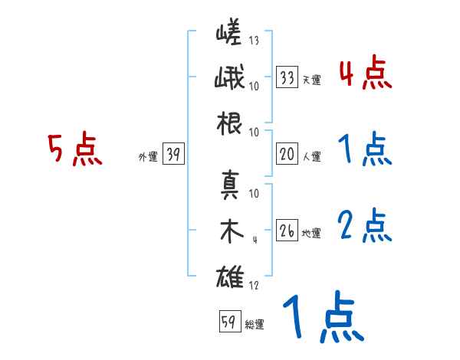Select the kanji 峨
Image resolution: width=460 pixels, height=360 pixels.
229,80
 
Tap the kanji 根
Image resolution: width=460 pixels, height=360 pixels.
230,123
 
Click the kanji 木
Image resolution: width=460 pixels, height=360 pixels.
230,231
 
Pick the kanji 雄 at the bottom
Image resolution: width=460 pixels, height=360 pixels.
230,276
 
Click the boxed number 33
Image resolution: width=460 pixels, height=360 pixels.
287,77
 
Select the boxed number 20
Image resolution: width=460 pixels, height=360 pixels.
287,155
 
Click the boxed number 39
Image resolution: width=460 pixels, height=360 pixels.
172,155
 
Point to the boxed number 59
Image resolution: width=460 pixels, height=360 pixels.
228,322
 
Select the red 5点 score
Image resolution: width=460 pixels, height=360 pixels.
74,149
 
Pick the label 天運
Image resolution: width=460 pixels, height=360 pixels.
311,80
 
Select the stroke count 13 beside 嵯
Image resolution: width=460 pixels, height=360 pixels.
254,41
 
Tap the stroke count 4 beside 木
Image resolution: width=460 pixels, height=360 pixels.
254,241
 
